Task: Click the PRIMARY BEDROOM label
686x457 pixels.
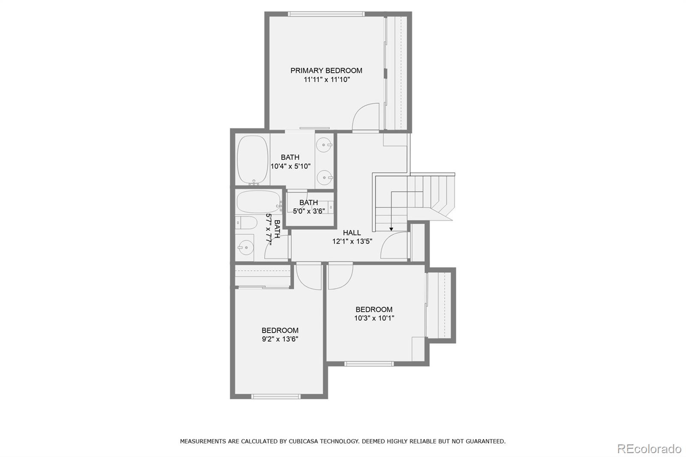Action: click(326, 71)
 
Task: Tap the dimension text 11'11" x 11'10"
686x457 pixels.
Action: click(327, 80)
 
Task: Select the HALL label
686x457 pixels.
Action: click(352, 233)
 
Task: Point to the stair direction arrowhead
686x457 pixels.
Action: click(391, 229)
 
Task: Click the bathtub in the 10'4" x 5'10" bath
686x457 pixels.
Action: click(253, 160)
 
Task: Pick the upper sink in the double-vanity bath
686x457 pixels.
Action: click(324, 144)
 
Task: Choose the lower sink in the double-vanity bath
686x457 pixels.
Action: click(324, 176)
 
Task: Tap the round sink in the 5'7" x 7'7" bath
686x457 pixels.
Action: click(245, 247)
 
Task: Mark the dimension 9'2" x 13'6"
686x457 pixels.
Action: click(280, 339)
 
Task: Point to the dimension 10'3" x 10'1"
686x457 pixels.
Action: click(374, 318)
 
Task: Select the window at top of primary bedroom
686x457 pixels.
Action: click(326, 14)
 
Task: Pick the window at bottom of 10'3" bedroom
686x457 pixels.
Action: click(369, 364)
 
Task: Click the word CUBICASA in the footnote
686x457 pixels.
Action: click(306, 441)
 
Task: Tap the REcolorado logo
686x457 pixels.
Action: click(649, 448)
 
